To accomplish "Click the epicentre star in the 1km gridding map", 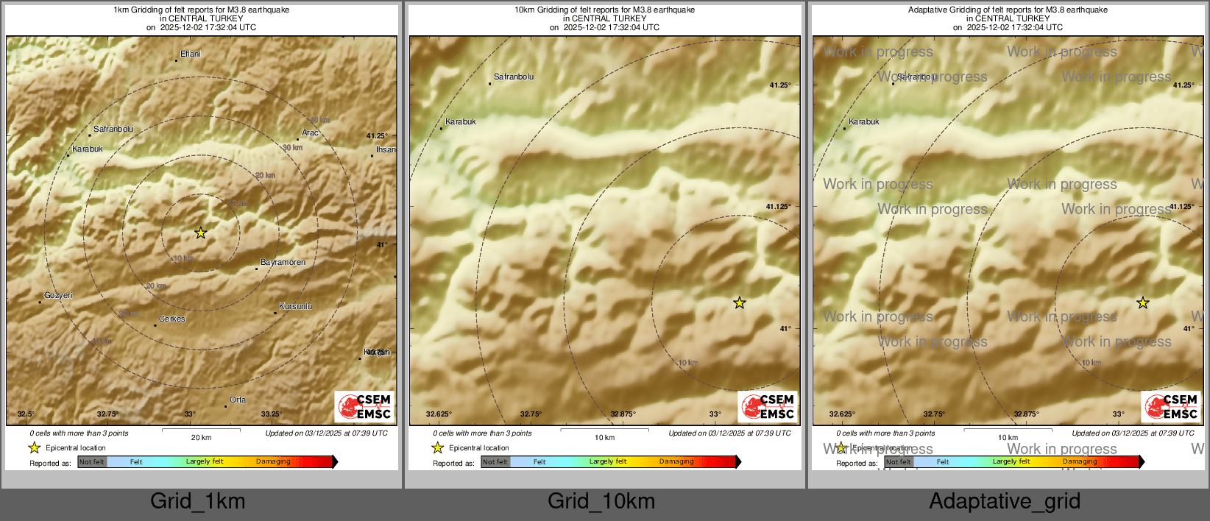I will pyautogui.click(x=201, y=233).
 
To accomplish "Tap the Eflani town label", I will pyautogui.click(x=191, y=54).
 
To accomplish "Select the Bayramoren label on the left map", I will pyautogui.click(x=283, y=262).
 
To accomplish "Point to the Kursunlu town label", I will pyautogui.click(x=295, y=306).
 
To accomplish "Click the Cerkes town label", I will pyautogui.click(x=172, y=319).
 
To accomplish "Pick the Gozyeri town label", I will pyautogui.click(x=58, y=295).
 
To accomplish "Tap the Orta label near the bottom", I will pyautogui.click(x=238, y=400).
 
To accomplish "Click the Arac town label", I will pyautogui.click(x=310, y=132).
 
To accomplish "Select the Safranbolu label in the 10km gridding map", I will pyautogui.click(x=514, y=77).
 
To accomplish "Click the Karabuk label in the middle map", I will pyautogui.click(x=461, y=121).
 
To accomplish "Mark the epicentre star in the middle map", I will pyautogui.click(x=740, y=302).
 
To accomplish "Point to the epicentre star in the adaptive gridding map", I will pyautogui.click(x=1142, y=302).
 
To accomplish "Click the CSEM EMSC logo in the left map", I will pyautogui.click(x=365, y=406).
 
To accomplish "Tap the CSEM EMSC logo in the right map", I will pyautogui.click(x=1172, y=406).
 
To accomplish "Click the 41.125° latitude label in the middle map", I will pyautogui.click(x=779, y=207).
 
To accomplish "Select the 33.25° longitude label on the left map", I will pyautogui.click(x=272, y=414).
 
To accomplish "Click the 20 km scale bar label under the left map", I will pyautogui.click(x=201, y=437).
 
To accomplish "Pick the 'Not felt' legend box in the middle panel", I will pyautogui.click(x=495, y=462).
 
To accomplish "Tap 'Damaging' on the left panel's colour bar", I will pyautogui.click(x=273, y=461).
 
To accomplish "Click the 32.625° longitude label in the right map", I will pyautogui.click(x=842, y=414).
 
